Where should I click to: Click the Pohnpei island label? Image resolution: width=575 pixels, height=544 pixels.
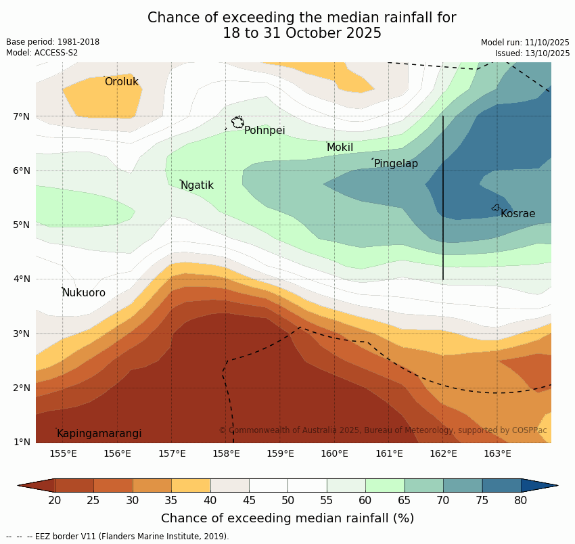[x=264, y=131]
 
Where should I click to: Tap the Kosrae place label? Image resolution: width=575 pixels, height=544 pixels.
[x=517, y=214]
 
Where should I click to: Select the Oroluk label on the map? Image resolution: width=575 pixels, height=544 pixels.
[x=121, y=82]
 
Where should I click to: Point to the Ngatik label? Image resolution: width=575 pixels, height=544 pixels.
[x=197, y=185]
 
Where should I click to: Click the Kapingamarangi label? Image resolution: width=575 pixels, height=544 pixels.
[x=99, y=434]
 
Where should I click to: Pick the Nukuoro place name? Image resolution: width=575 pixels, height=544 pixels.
[x=84, y=293]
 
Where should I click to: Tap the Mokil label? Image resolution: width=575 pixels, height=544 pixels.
[x=340, y=148]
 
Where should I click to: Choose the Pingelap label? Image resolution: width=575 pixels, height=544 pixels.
[x=396, y=164]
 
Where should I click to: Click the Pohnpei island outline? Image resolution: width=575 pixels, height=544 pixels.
[x=237, y=122]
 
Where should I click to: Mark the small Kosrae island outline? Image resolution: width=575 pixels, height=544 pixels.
[x=496, y=208]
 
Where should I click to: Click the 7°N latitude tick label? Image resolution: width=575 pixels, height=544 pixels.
[x=22, y=116]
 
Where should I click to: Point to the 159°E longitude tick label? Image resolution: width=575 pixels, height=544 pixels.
[x=280, y=453]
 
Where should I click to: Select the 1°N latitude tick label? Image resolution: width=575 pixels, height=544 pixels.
[x=22, y=442]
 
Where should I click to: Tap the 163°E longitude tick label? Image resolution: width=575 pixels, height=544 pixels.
[x=497, y=453]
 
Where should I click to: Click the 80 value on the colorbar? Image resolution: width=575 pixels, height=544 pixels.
[x=521, y=500]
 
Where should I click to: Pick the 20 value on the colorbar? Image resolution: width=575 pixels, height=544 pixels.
[x=55, y=500]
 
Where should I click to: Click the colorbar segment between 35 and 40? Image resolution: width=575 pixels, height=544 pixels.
[x=191, y=485]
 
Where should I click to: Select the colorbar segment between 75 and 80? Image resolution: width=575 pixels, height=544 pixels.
[x=501, y=485]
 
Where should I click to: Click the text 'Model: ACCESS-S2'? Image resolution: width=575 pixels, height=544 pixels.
[x=42, y=53]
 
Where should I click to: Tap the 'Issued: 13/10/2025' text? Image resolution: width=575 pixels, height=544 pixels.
[x=532, y=53]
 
